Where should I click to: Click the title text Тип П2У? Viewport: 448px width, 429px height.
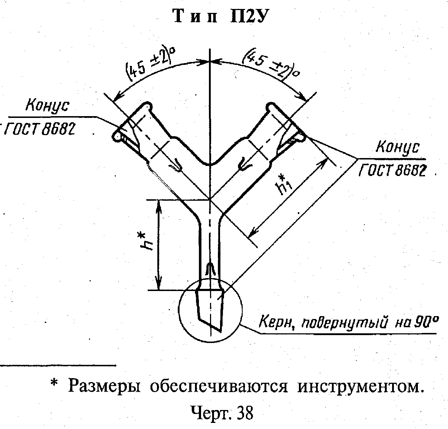point(221,16)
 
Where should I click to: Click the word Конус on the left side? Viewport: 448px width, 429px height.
point(47,106)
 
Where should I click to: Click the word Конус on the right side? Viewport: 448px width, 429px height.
point(397,147)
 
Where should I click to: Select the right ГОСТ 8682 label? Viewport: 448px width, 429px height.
point(392,170)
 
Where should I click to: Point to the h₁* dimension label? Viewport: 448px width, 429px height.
point(285,185)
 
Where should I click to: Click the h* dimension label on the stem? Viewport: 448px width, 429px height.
point(144,242)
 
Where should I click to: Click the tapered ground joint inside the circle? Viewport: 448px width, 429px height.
point(210,310)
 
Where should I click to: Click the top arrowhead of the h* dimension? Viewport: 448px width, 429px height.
point(159,206)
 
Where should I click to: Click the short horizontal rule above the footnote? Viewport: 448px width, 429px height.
point(58,365)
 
